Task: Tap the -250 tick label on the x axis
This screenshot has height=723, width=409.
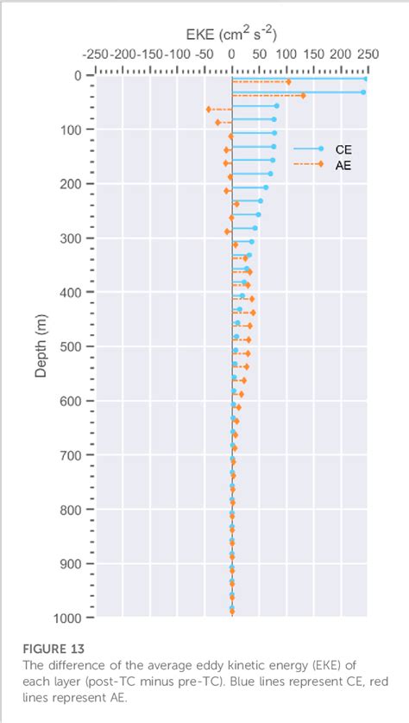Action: click(95, 54)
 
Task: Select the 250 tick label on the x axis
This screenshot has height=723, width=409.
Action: click(368, 54)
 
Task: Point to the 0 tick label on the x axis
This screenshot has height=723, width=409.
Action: click(231, 54)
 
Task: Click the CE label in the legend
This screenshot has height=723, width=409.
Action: click(343, 149)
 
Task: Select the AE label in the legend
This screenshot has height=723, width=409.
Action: click(343, 164)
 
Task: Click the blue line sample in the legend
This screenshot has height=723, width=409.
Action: click(306, 149)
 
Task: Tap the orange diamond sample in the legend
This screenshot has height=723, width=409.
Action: click(320, 164)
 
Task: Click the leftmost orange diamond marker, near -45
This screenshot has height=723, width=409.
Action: click(208, 110)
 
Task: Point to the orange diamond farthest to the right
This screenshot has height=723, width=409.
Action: click(303, 96)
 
